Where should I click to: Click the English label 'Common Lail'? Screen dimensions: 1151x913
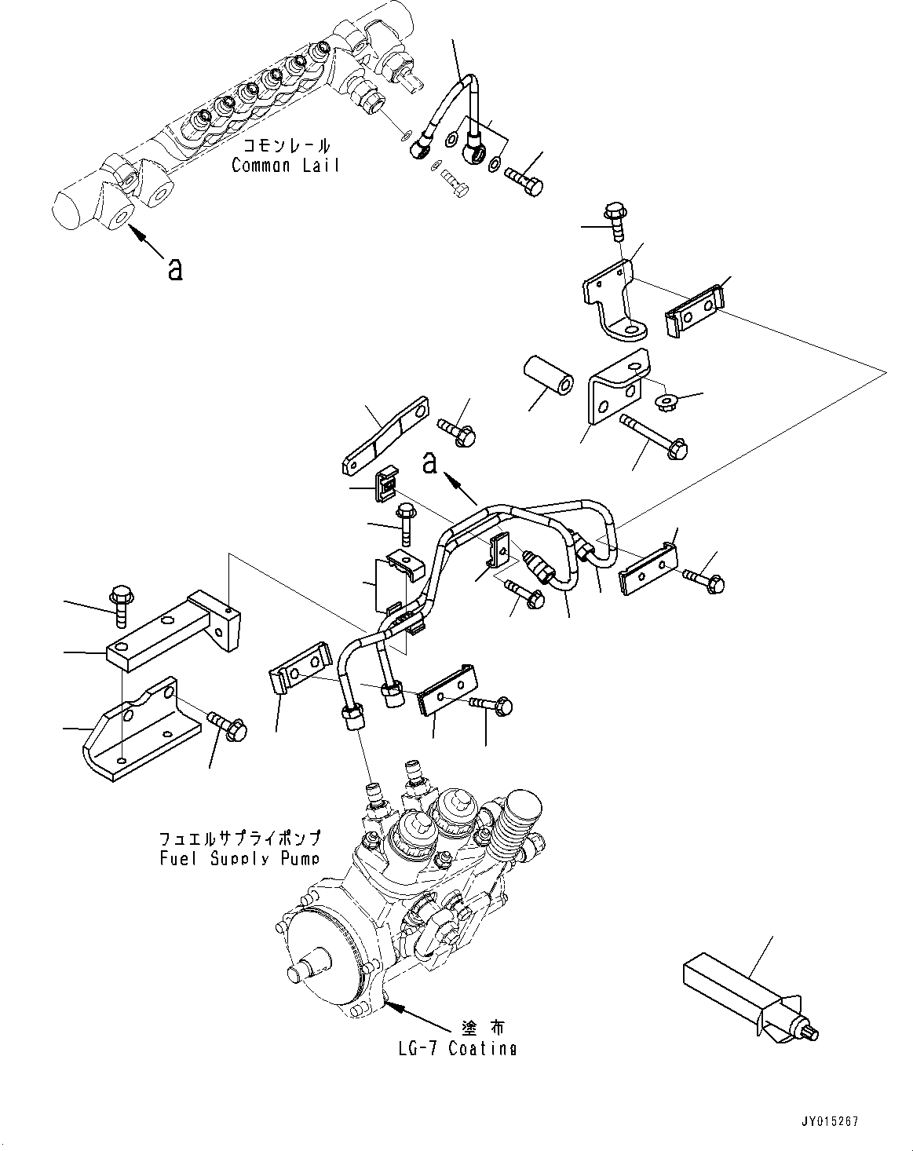(x=286, y=165)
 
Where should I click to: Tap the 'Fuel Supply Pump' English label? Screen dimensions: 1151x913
(x=238, y=858)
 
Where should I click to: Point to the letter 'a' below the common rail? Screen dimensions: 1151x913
(x=175, y=269)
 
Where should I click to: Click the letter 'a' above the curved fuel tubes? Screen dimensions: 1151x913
(x=429, y=463)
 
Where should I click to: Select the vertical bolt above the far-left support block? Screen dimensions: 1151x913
(x=122, y=604)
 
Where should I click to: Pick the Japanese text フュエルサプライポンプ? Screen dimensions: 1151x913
(x=239, y=839)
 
